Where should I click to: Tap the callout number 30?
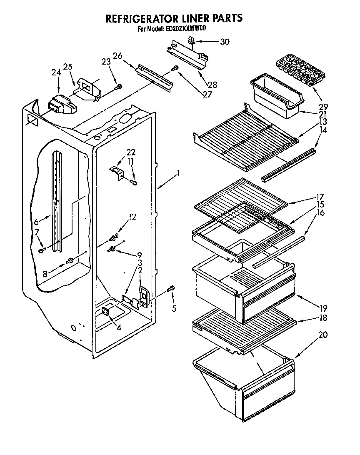(225, 42)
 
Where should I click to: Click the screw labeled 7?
(42, 250)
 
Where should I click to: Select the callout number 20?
(323, 334)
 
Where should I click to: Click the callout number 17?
(320, 197)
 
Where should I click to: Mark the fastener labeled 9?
(112, 249)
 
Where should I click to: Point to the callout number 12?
(132, 217)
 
